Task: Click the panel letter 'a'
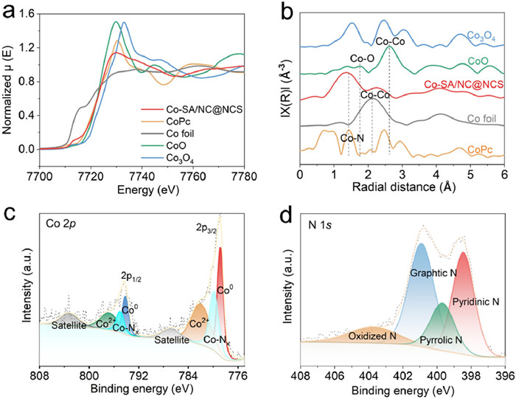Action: (10, 10)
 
